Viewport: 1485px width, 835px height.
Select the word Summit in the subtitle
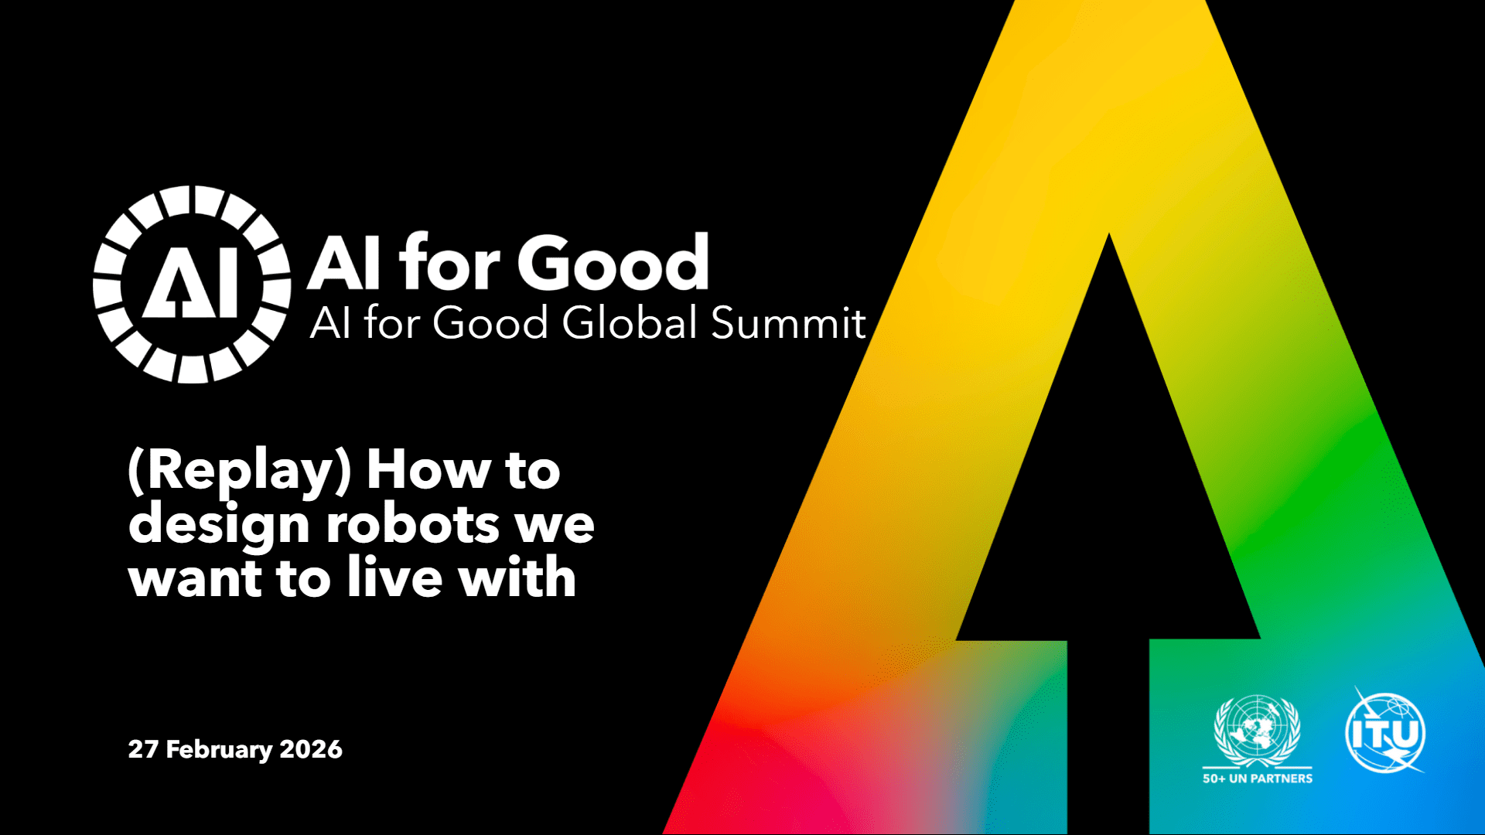click(x=788, y=322)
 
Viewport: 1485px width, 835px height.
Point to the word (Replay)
click(x=240, y=471)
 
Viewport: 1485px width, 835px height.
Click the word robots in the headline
click(x=412, y=524)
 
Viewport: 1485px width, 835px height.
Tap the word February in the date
click(x=220, y=750)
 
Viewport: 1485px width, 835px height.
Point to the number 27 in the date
click(x=143, y=749)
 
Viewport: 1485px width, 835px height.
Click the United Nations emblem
click(x=1258, y=731)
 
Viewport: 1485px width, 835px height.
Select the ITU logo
click(x=1386, y=731)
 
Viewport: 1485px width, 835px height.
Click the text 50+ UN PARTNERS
click(x=1258, y=779)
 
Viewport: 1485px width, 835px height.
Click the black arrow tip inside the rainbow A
click(x=1108, y=236)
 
